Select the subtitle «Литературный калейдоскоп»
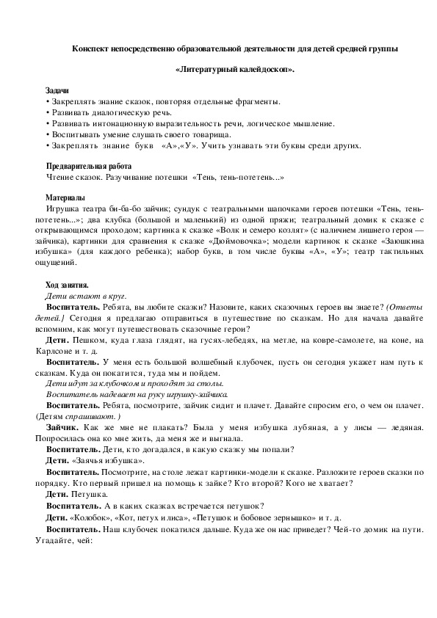click(236, 70)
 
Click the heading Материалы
click(65, 198)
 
